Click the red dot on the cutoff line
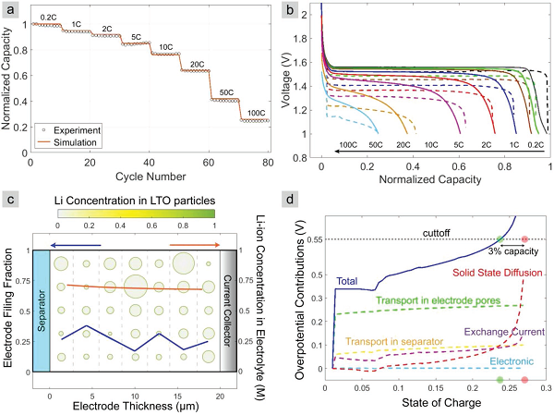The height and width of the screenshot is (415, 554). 524,239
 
